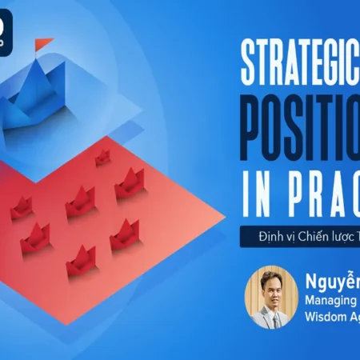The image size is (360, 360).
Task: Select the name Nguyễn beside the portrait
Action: (332, 281)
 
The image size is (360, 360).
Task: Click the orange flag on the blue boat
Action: (44, 42)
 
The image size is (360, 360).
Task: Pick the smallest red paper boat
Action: (102, 157)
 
